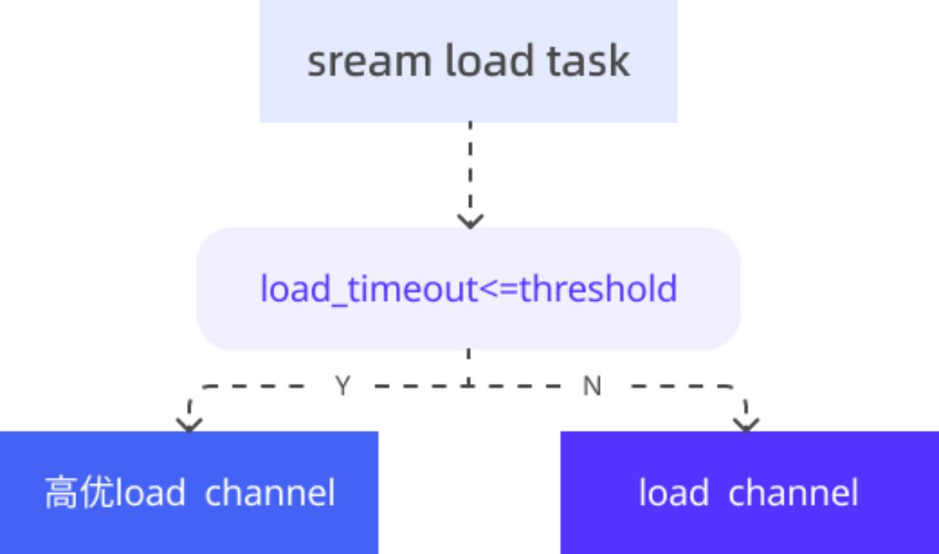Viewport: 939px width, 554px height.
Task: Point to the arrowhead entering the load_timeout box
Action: [469, 219]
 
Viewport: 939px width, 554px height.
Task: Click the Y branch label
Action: [345, 385]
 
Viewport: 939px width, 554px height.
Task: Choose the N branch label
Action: [592, 385]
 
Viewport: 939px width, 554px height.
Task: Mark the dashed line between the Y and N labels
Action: [469, 385]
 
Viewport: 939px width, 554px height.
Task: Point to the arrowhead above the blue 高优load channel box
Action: [188, 422]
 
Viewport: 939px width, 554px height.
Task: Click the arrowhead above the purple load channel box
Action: [745, 422]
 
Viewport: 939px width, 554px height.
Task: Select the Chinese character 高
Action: [61, 493]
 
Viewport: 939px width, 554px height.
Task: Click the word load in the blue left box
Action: [149, 492]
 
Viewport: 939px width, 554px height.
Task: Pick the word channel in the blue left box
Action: [270, 492]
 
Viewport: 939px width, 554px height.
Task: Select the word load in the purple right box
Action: [674, 492]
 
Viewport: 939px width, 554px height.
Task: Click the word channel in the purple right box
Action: [793, 492]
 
